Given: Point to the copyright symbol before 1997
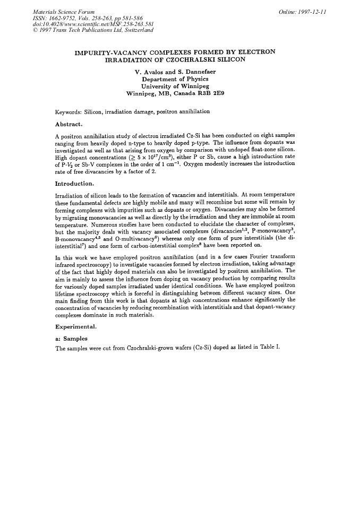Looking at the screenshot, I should (x=35, y=30).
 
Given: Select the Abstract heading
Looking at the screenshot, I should (x=68, y=124).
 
